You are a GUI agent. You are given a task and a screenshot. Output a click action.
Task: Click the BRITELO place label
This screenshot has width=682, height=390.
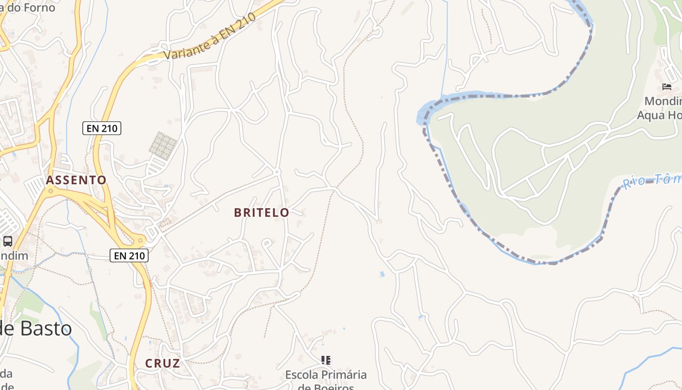click(262, 213)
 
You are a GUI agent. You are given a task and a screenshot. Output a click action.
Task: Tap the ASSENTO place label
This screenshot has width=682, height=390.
click(76, 180)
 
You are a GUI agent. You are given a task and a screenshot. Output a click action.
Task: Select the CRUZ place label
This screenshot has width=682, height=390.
click(163, 363)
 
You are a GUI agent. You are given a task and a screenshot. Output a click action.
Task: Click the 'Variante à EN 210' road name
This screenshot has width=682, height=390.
click(209, 37)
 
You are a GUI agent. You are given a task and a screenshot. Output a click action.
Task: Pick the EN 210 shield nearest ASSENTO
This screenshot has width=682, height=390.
click(101, 128)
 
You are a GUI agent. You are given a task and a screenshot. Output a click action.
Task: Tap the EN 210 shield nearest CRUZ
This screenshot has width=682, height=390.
click(129, 255)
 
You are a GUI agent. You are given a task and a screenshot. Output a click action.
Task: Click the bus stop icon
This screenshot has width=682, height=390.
click(8, 241)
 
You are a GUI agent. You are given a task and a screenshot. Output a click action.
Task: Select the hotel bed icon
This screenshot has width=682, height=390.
click(667, 87)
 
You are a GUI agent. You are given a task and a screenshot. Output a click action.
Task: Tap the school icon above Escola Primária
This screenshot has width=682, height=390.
click(325, 360)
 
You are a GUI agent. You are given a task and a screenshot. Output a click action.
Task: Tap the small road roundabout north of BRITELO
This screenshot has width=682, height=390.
click(277, 172)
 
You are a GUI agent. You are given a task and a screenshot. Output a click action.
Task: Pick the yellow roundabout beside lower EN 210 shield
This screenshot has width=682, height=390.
click(141, 240)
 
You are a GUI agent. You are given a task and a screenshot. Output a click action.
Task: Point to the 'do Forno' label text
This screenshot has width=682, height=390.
click(29, 7)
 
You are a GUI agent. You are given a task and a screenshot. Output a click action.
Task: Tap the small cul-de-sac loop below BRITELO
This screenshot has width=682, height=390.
click(266, 242)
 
